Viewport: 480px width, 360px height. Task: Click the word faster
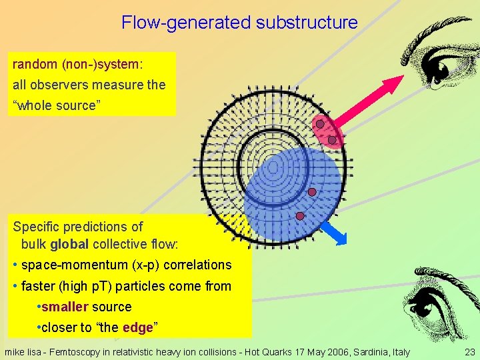pyautogui.click(x=39, y=286)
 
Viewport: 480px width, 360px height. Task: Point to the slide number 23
pyautogui.click(x=469, y=352)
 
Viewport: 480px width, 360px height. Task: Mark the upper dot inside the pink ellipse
pyautogui.click(x=321, y=124)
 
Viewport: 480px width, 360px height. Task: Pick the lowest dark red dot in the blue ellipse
pyautogui.click(x=300, y=216)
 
